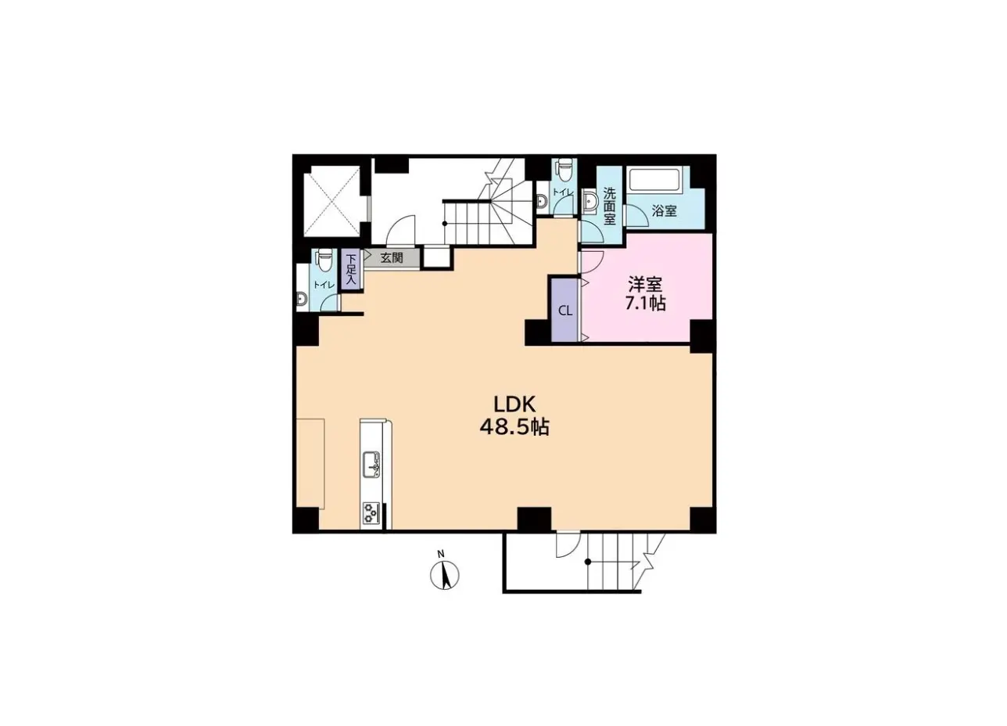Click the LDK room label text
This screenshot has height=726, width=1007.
pyautogui.click(x=514, y=404)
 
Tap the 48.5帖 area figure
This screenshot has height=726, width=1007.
pyautogui.click(x=514, y=427)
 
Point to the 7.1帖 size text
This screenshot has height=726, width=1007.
pyautogui.click(x=645, y=304)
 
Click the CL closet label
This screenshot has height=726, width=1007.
pyautogui.click(x=565, y=311)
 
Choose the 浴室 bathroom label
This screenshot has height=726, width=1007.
pyautogui.click(x=665, y=210)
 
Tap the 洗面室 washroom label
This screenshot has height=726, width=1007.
pyautogui.click(x=610, y=206)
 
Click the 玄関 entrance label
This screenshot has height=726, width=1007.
pyautogui.click(x=392, y=257)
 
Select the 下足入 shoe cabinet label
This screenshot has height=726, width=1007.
pyautogui.click(x=350, y=269)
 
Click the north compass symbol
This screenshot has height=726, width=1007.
pyautogui.click(x=445, y=575)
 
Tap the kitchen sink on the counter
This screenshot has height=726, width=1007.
pyautogui.click(x=371, y=465)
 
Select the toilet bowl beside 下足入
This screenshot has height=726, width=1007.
pyautogui.click(x=324, y=260)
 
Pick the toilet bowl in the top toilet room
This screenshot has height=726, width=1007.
pyautogui.click(x=564, y=169)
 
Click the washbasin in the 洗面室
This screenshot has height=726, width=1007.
pyautogui.click(x=590, y=201)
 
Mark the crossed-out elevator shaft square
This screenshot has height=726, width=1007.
pyautogui.click(x=331, y=201)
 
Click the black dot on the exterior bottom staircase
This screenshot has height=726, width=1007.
pyautogui.click(x=588, y=562)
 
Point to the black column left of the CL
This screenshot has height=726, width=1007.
pyautogui.click(x=538, y=332)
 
